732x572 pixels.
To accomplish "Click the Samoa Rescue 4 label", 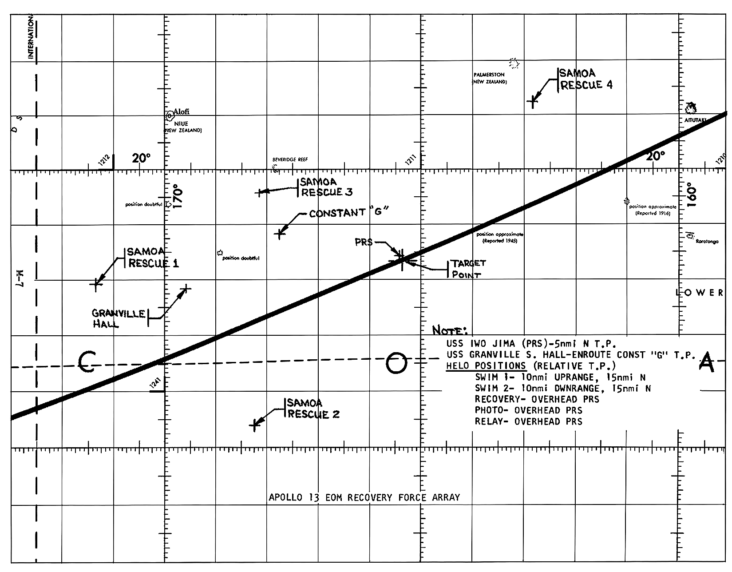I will tap(586, 79).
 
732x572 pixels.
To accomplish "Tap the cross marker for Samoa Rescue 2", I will tap(254, 425).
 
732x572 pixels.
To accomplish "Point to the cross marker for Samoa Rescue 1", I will tap(96, 284).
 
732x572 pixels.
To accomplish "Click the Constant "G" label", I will tap(349, 213).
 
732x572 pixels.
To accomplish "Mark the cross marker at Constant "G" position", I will tap(279, 233).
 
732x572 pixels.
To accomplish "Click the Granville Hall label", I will tap(118, 318).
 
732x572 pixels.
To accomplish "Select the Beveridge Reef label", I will tap(290, 159).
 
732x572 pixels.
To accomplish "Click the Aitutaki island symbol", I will tap(691, 107).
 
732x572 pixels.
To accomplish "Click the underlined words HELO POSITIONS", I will tap(486, 366).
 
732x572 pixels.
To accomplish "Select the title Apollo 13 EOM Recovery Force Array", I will tap(364, 497).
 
